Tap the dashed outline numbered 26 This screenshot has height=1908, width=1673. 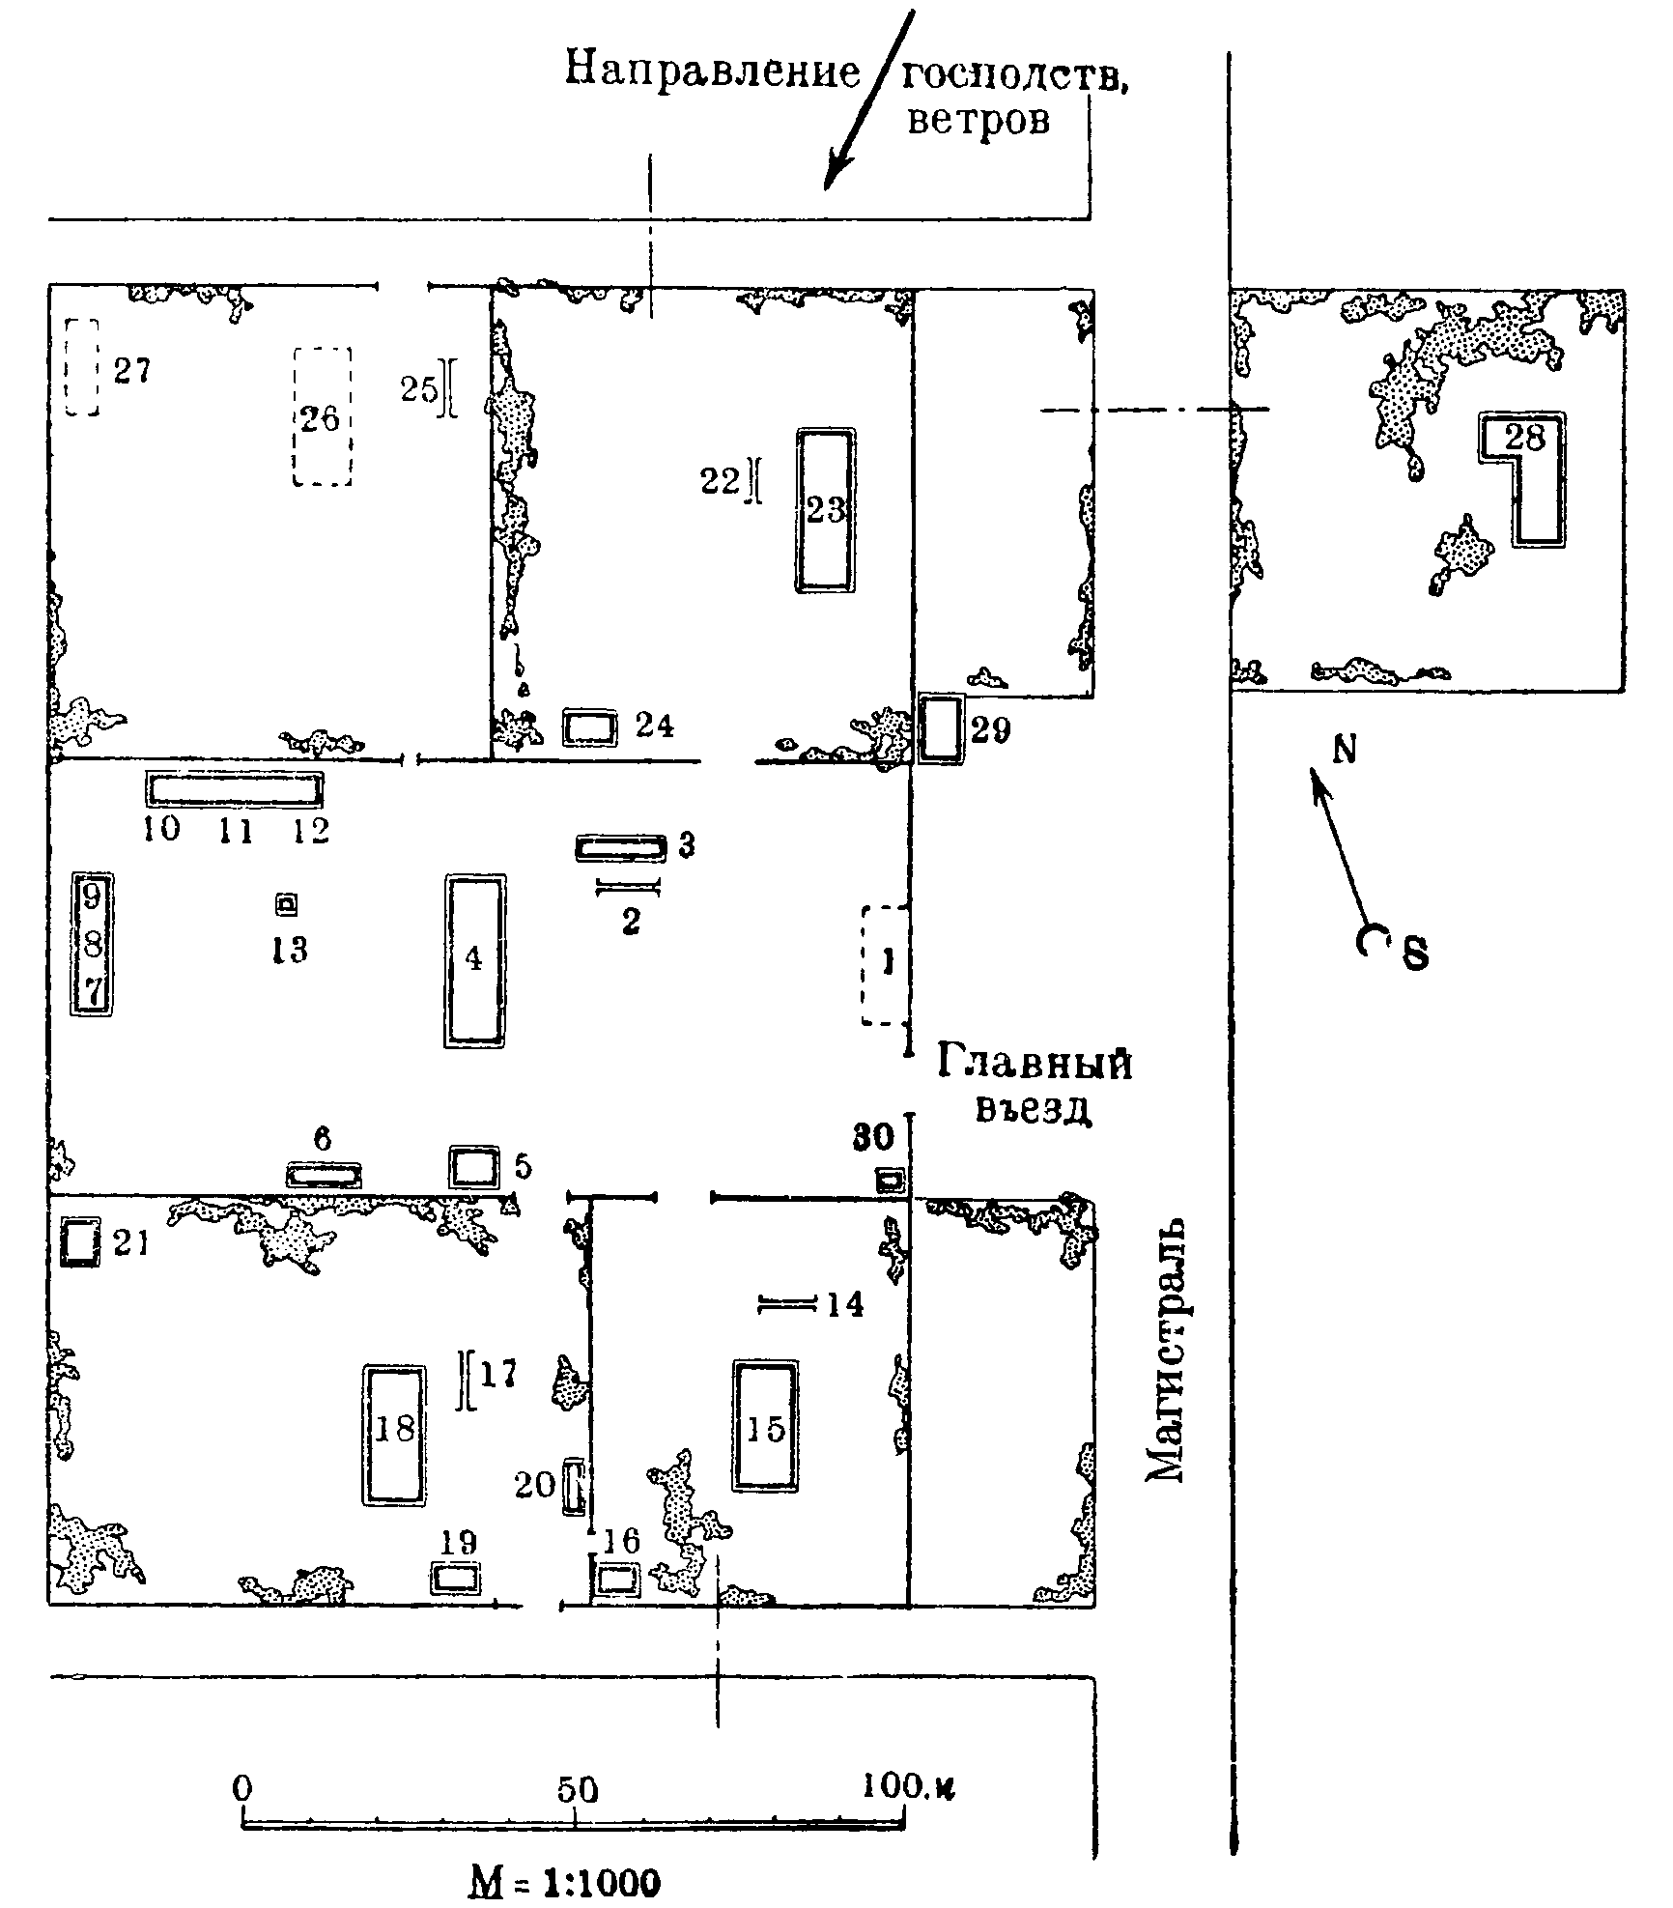tap(322, 416)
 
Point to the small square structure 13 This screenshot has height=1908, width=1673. tap(286, 905)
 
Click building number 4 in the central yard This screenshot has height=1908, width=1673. tap(474, 960)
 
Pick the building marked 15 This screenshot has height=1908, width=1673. tap(766, 1426)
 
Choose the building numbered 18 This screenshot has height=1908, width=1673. tap(394, 1434)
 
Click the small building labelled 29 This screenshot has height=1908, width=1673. tap(940, 728)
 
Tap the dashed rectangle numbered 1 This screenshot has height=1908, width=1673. tap(885, 964)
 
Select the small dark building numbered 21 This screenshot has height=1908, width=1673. tap(80, 1242)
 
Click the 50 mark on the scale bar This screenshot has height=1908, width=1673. tap(578, 1789)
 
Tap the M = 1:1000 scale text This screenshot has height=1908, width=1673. tap(565, 1878)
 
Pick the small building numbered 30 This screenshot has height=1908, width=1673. tap(891, 1180)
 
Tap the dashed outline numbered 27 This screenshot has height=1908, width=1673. tap(82, 367)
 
